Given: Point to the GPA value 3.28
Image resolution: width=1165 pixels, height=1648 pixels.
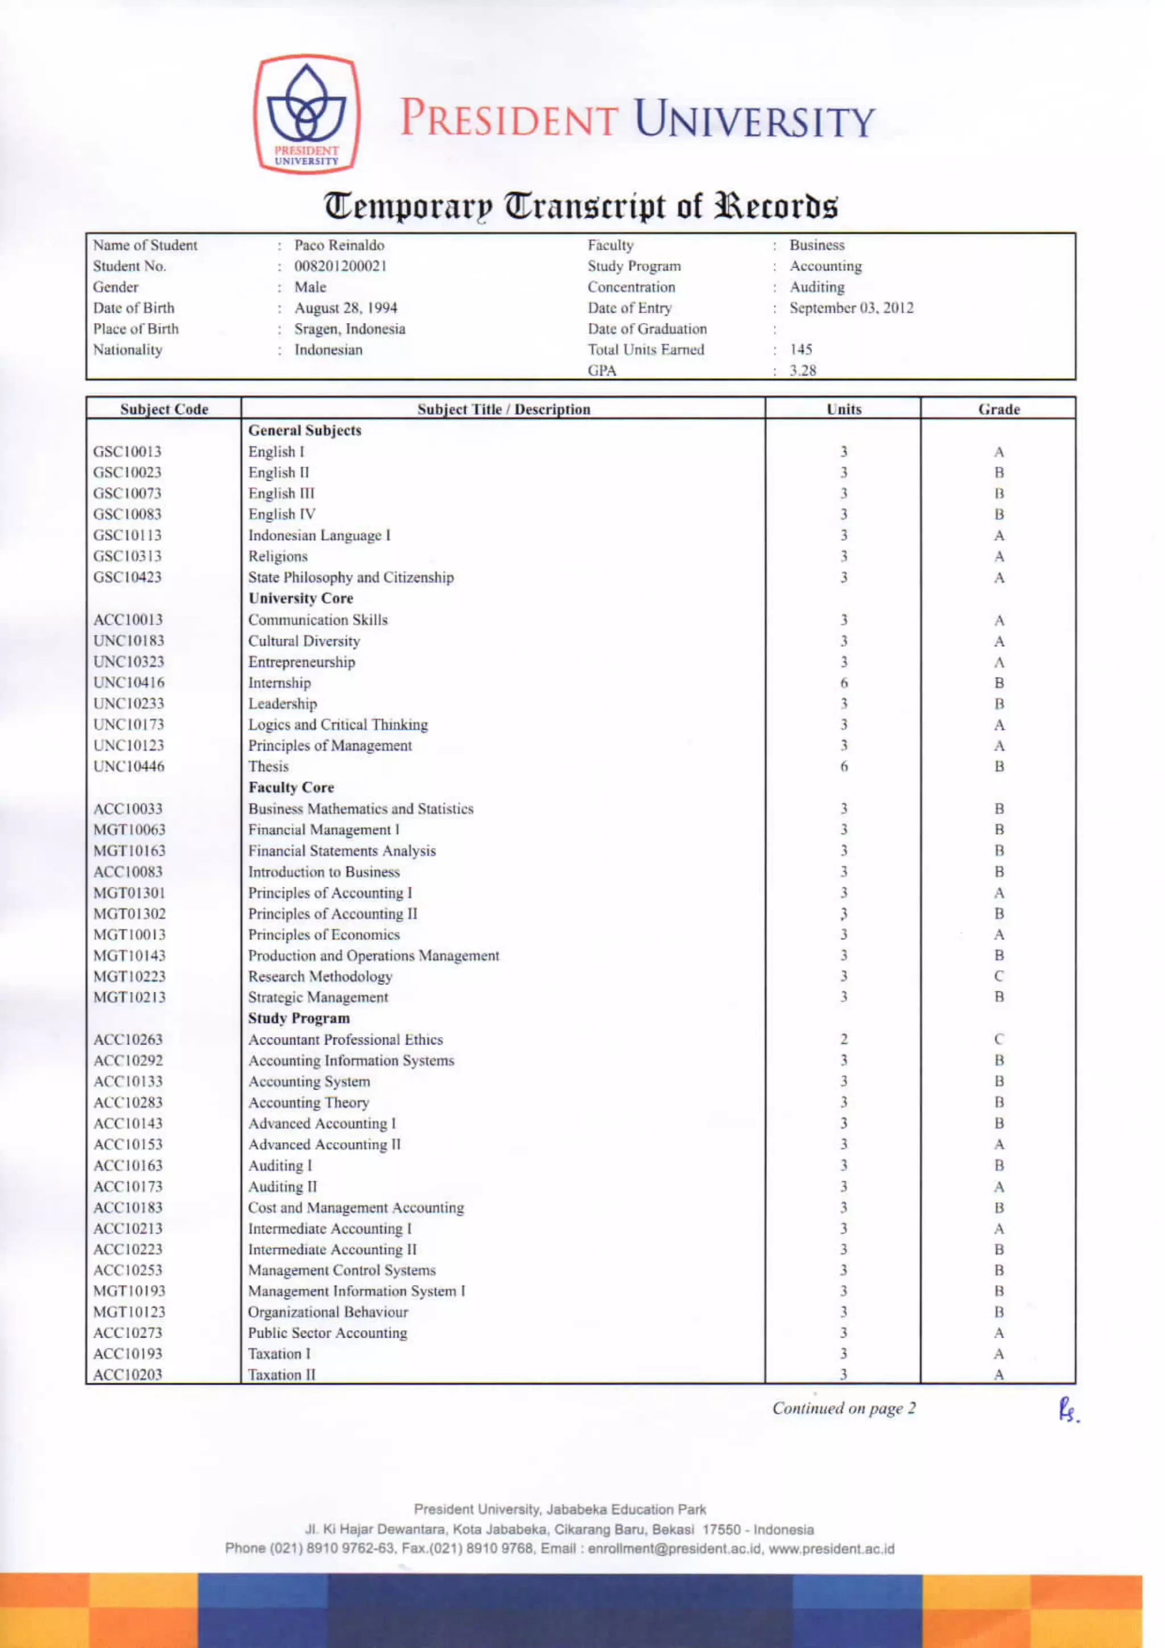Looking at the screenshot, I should pyautogui.click(x=803, y=370).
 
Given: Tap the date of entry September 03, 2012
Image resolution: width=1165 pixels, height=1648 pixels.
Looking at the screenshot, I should pyautogui.click(x=852, y=308).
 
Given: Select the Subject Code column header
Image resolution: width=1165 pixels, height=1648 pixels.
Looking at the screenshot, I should pyautogui.click(x=164, y=409).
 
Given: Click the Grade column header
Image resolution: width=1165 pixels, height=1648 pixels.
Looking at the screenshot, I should pyautogui.click(x=998, y=409).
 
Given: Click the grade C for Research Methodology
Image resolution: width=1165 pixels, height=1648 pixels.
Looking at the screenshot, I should pyautogui.click(x=998, y=976).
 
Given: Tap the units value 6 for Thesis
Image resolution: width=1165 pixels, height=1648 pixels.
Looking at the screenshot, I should pyautogui.click(x=844, y=767).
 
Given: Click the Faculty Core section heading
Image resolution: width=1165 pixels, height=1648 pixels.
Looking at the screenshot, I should pyautogui.click(x=291, y=788).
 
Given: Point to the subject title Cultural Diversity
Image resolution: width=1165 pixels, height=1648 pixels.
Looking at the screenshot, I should pyautogui.click(x=304, y=641).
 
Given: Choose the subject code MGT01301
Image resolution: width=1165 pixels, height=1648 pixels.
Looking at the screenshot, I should pyautogui.click(x=129, y=893).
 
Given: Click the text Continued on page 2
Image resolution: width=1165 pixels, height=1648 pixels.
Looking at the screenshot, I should pyautogui.click(x=844, y=1408).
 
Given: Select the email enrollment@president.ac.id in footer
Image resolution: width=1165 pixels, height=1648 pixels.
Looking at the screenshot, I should pyautogui.click(x=674, y=1548).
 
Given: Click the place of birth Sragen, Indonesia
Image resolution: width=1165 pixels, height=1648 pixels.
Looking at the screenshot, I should pyautogui.click(x=350, y=329).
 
